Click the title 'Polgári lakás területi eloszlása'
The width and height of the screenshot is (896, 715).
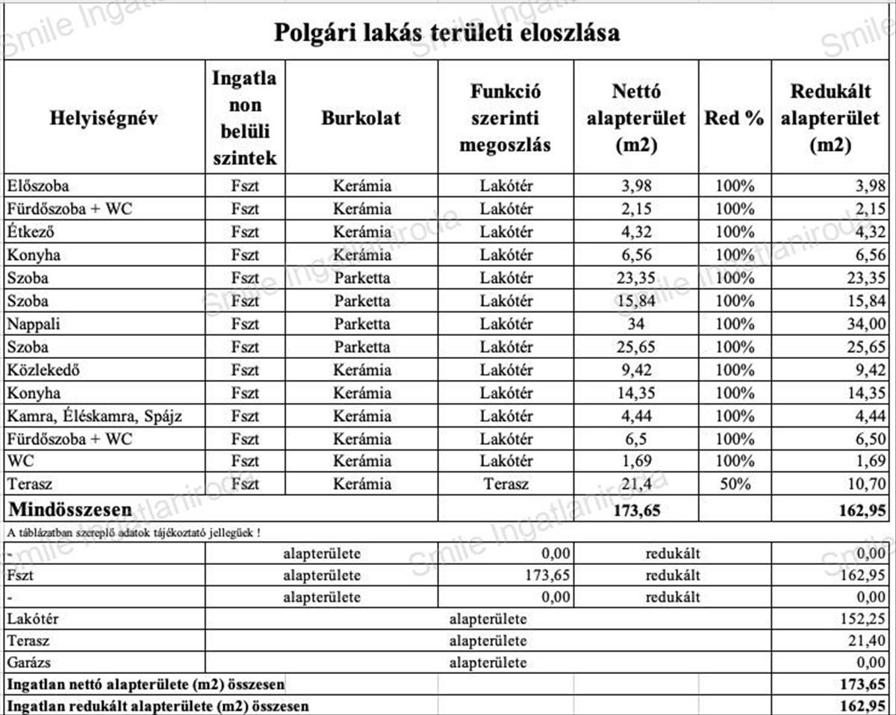(447, 32)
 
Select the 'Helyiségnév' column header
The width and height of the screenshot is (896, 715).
(104, 118)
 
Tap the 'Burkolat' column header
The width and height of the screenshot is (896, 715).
(361, 118)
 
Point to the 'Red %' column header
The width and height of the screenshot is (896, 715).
(734, 118)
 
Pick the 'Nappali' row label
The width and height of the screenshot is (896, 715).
(34, 324)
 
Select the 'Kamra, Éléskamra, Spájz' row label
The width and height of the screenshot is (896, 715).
(94, 416)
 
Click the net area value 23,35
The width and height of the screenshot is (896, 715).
(636, 278)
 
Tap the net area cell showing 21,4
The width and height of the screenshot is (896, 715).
(636, 484)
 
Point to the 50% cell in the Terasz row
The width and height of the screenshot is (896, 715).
(734, 484)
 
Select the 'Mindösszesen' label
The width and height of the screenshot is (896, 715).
(70, 510)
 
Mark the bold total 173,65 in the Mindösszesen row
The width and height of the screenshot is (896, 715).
(636, 511)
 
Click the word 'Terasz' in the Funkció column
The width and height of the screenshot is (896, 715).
(505, 484)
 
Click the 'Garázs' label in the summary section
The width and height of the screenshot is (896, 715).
(30, 662)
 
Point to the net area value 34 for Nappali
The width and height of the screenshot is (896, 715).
(636, 324)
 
